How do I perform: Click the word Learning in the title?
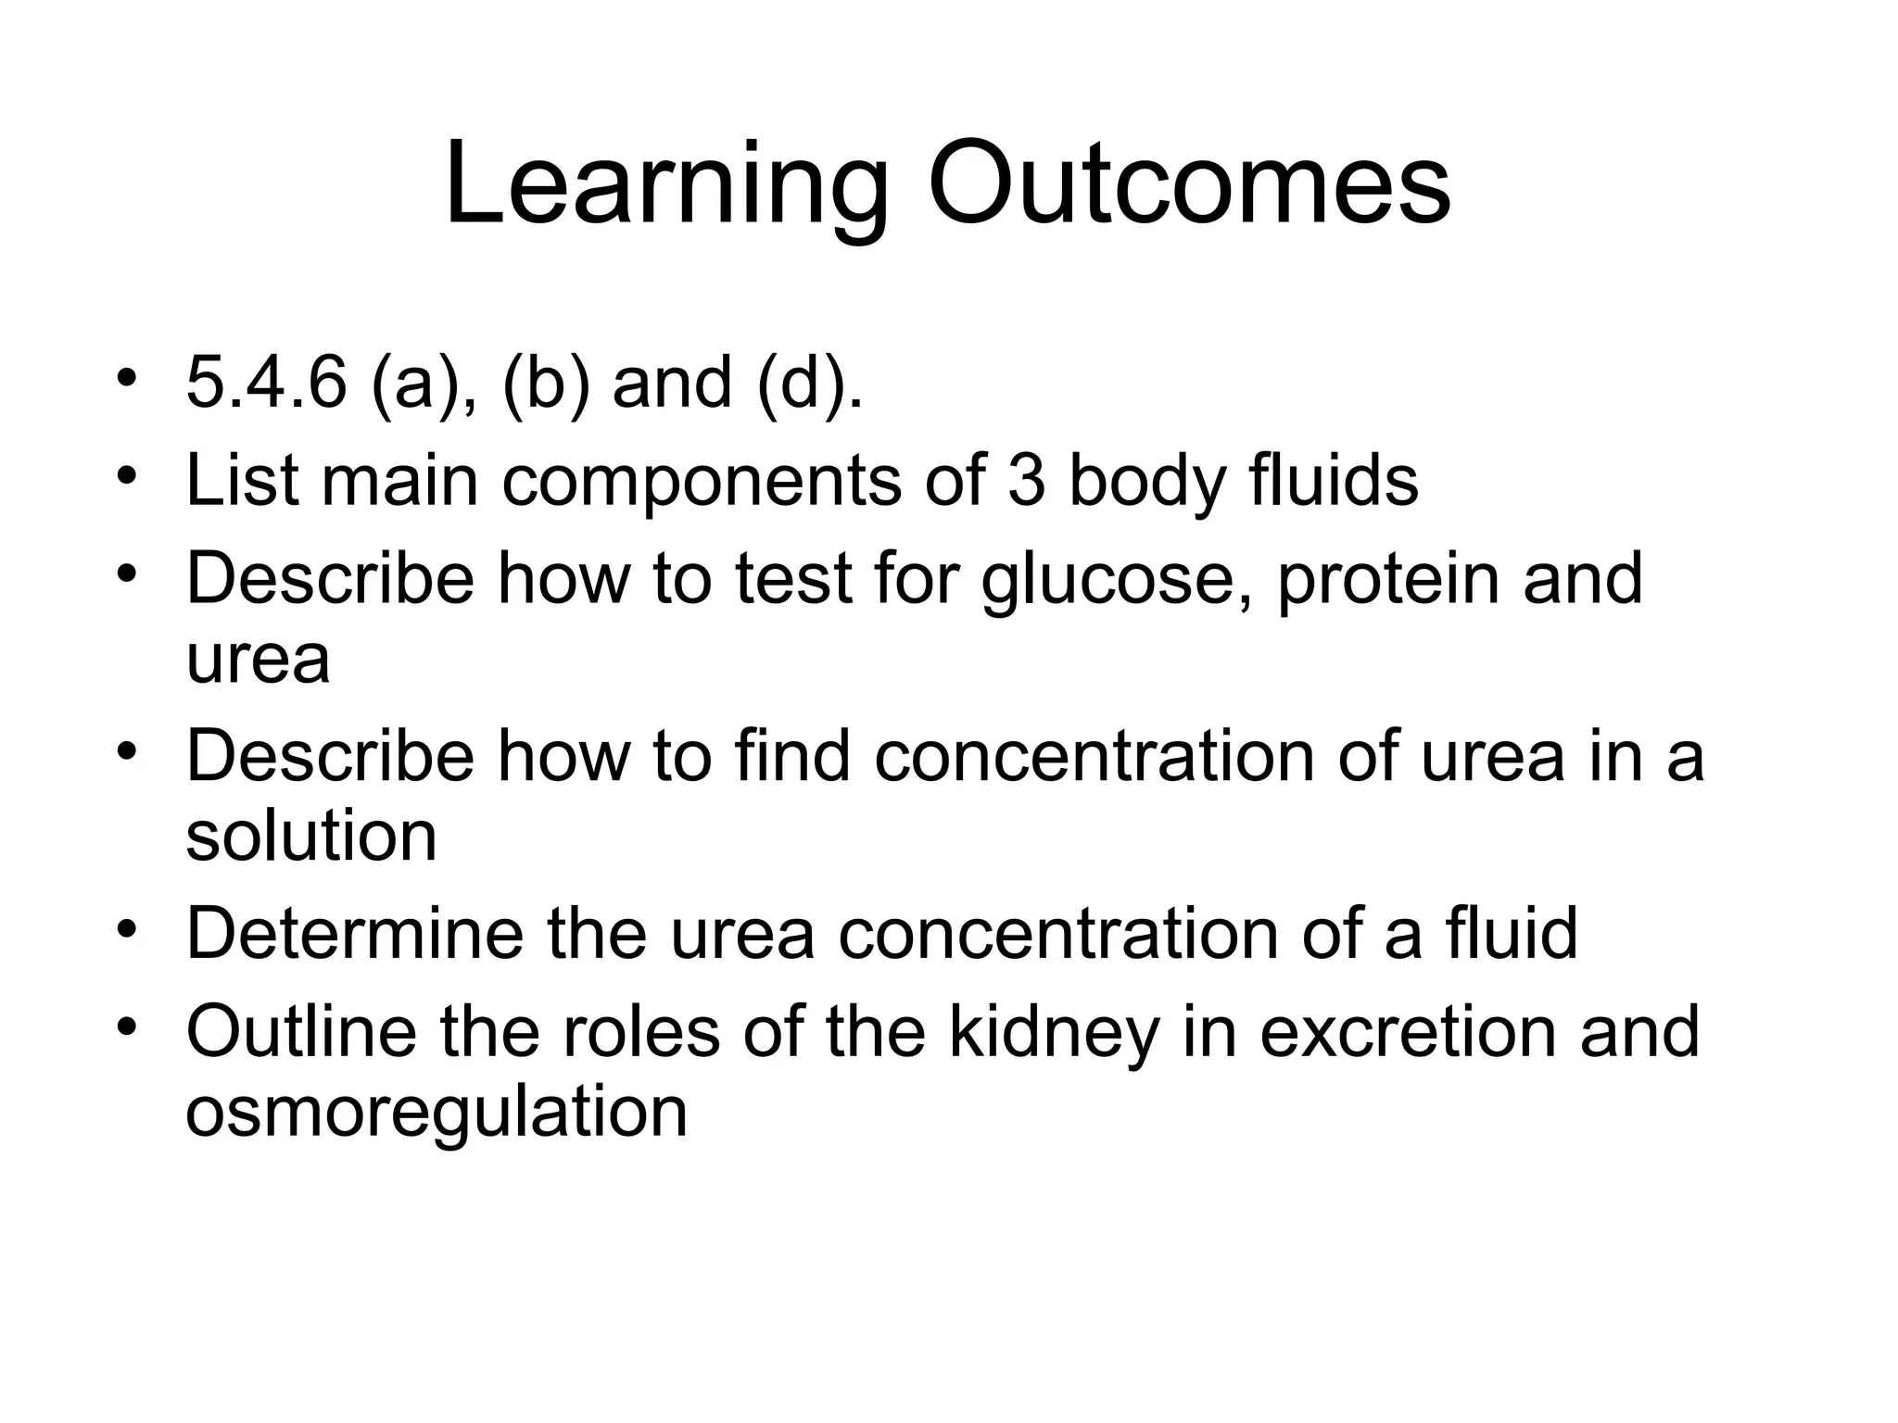666,185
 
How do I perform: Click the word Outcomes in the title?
1189,185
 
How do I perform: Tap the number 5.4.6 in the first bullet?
266,383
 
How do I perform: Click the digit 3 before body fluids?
1026,480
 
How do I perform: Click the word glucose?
1119,579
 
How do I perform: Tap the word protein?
1387,579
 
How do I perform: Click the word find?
792,755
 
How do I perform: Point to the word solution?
311,835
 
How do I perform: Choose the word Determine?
354,933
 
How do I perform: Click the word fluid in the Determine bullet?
1511,933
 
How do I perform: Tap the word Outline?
301,1031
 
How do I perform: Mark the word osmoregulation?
437,1112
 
